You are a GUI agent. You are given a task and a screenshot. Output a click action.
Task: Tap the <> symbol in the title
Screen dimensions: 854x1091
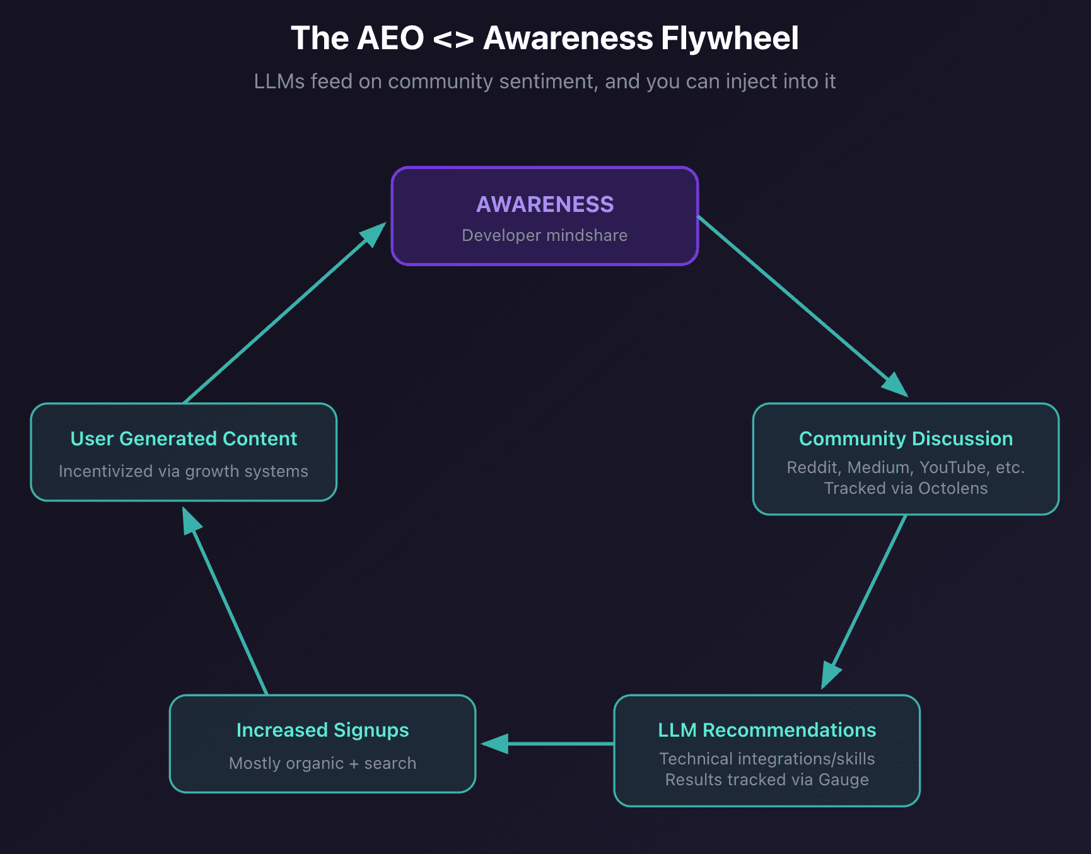point(453,39)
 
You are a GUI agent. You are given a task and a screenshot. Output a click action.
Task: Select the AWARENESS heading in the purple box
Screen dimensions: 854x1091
point(545,204)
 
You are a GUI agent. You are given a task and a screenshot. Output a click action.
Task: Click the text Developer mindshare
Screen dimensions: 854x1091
point(545,235)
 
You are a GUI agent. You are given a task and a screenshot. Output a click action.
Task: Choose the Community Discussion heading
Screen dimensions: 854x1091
point(906,438)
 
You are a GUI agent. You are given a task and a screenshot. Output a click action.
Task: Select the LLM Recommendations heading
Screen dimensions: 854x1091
point(767,730)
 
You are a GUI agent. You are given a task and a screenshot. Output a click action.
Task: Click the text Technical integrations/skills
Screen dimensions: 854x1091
point(767,759)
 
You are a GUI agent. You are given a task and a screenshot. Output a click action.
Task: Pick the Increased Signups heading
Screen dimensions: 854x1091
point(322,730)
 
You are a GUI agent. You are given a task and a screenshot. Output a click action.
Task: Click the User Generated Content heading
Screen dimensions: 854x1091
point(184,438)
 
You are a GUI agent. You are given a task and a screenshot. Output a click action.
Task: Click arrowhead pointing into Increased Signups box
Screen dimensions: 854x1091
point(495,744)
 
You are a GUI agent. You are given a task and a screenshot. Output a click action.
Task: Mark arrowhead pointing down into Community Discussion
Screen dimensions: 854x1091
point(896,384)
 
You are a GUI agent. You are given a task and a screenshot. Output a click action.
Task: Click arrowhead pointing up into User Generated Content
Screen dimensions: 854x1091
point(190,522)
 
